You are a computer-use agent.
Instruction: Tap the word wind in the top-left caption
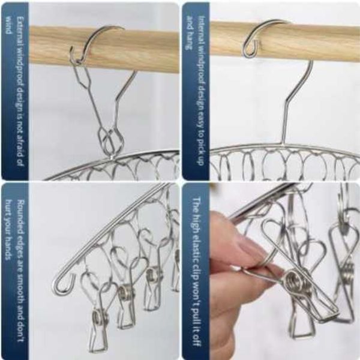tap(9, 25)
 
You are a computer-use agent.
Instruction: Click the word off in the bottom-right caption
tap(197, 340)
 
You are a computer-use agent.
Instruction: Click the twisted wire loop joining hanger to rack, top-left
tap(111, 142)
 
